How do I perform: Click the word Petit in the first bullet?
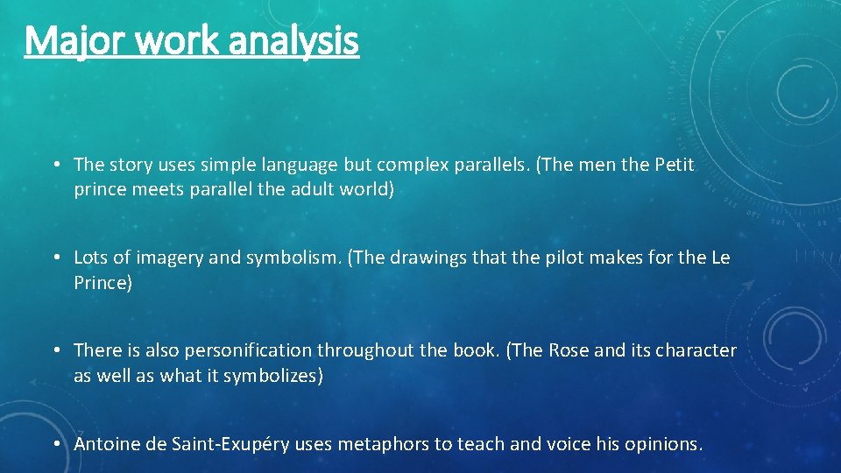coord(675,165)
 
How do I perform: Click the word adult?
coord(310,190)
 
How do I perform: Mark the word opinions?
coord(662,444)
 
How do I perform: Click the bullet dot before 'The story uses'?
coord(55,165)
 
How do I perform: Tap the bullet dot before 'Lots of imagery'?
coord(55,258)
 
